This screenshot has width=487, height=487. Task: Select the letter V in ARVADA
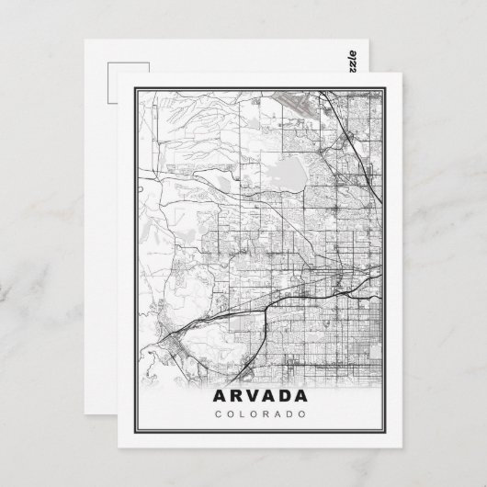tap(251, 398)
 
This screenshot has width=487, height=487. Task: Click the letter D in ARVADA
tap(286, 398)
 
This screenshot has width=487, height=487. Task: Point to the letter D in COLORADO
tap(287, 415)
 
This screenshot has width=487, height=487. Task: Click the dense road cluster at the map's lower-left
tap(171, 345)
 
